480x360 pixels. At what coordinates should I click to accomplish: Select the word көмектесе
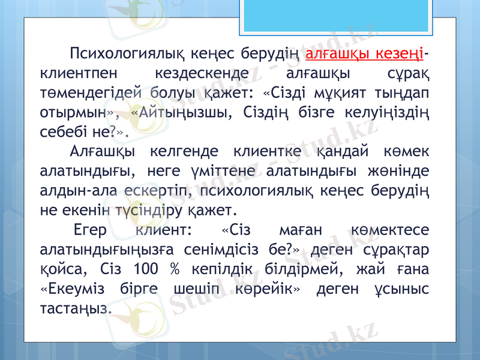click(397, 231)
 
